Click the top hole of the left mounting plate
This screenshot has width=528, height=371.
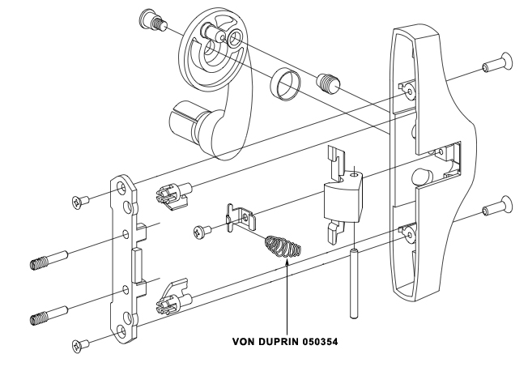coord(123,189)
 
